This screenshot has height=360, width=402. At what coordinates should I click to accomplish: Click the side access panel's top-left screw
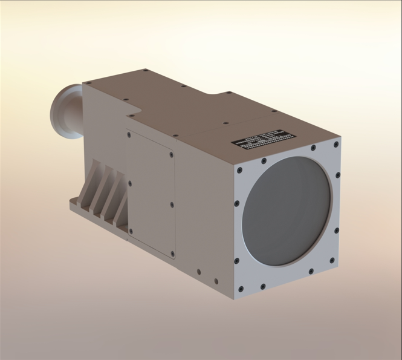click(129, 135)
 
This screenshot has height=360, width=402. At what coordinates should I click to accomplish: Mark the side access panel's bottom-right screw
click(171, 254)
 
